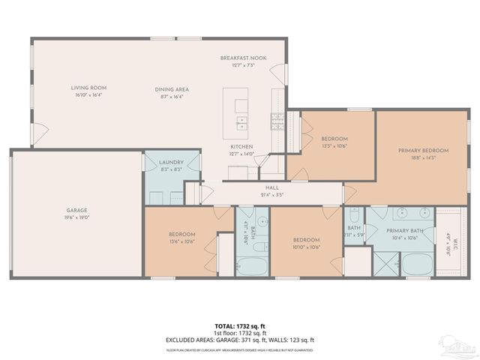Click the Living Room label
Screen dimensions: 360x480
pos(89,88)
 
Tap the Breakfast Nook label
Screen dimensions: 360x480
pos(238,58)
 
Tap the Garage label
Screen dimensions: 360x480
pos(76,210)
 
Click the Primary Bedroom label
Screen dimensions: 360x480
pos(423,151)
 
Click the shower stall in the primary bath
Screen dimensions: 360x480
pos(387,265)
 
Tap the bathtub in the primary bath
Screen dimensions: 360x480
pos(417,265)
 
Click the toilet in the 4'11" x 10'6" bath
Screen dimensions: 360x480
pos(263,248)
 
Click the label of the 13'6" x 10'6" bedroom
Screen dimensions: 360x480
pos(182,235)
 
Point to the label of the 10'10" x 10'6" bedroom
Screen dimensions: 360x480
pos(307,240)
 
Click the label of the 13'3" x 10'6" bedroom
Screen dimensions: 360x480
pos(334,139)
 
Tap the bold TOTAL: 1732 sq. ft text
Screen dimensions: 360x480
pos(239,326)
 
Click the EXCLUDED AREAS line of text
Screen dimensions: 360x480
pos(239,340)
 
